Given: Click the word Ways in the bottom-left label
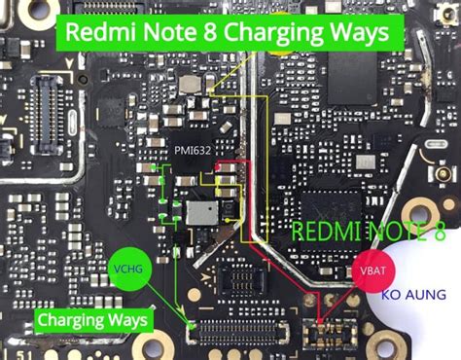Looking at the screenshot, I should point(125,319).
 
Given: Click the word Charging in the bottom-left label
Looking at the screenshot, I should point(71,319).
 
